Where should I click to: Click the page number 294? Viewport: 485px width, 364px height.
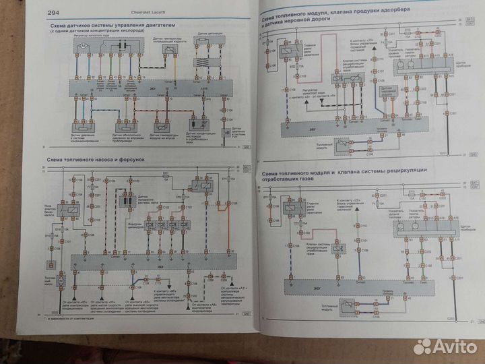pos(53,13)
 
